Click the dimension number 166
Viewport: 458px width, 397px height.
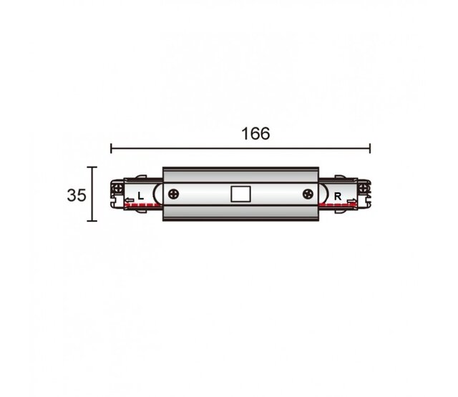coord(255,134)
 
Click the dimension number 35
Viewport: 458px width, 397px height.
coord(77,195)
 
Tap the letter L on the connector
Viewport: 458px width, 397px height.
coord(141,196)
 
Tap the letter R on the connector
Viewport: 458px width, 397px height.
coord(338,197)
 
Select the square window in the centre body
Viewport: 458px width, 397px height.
coord(240,194)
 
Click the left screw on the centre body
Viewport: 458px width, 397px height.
coord(173,194)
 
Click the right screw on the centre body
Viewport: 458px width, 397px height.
coord(308,194)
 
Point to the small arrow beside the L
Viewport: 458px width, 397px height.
coord(130,200)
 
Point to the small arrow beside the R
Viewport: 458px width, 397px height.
coord(352,200)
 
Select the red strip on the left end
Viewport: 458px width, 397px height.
coord(143,205)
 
